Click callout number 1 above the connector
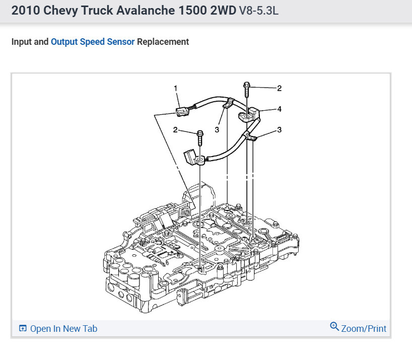pyautogui.click(x=175, y=88)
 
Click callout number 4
pyautogui.click(x=280, y=109)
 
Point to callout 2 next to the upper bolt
pyautogui.click(x=280, y=88)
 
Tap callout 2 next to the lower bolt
pyautogui.click(x=175, y=130)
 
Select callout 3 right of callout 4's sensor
pyautogui.click(x=280, y=130)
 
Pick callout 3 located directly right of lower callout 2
pyautogui.click(x=217, y=130)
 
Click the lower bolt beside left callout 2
pyautogui.click(x=200, y=137)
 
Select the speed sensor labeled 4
pyautogui.click(x=249, y=115)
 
